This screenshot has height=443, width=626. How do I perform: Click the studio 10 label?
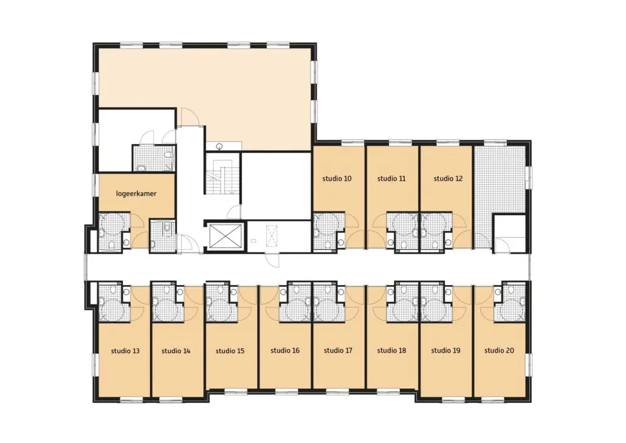tap(337, 179)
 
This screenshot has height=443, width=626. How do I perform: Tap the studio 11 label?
tap(391, 179)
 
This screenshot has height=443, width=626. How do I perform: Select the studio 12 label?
tap(448, 179)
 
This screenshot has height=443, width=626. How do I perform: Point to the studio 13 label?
tap(125, 351)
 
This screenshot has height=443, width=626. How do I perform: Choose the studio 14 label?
tap(176, 351)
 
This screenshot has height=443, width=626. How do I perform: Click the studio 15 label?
tap(230, 351)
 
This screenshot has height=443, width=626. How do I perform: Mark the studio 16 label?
tap(285, 351)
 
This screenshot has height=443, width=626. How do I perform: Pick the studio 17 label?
tap(338, 351)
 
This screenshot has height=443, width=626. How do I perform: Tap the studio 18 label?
tap(391, 351)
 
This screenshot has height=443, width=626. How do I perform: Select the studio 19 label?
tap(445, 351)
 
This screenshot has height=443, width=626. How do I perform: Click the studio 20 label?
tap(499, 351)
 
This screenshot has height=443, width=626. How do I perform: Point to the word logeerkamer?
tap(136, 194)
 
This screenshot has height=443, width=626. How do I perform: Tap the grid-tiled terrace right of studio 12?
tap(499, 188)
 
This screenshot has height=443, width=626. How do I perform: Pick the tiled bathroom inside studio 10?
tap(328, 231)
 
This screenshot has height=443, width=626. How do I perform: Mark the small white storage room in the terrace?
tap(510, 233)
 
